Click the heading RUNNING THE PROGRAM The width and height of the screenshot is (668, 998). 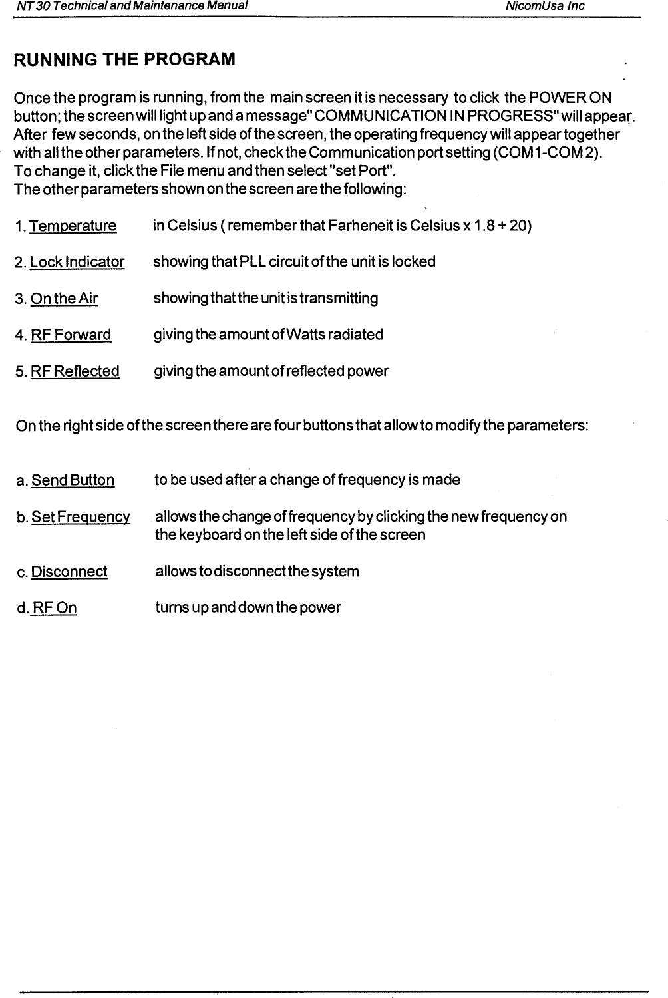(124, 60)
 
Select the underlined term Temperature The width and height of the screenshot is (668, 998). (73, 226)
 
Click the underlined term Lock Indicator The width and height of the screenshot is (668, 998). (77, 262)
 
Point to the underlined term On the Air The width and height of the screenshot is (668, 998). (65, 299)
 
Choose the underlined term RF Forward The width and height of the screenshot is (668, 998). (71, 335)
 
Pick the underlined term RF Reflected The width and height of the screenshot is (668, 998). (75, 371)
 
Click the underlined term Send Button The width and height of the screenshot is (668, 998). (73, 480)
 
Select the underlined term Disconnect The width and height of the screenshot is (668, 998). (69, 572)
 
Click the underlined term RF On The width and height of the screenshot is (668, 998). (55, 608)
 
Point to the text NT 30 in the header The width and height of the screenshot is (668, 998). (30, 6)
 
